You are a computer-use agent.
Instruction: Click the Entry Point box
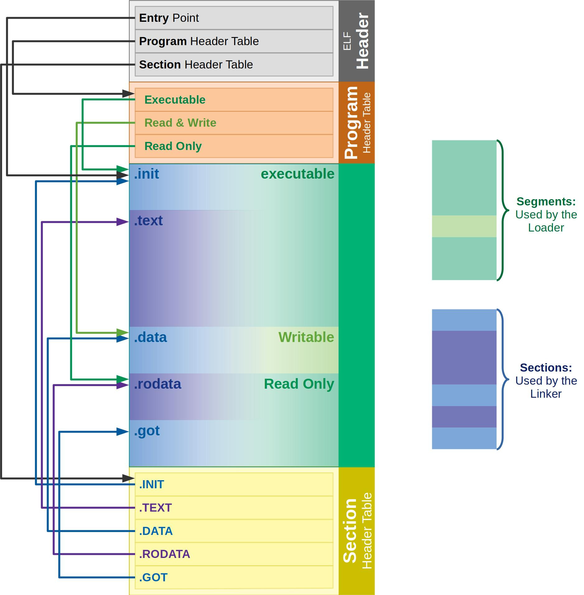click(x=234, y=18)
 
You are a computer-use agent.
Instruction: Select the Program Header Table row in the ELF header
click(x=234, y=41)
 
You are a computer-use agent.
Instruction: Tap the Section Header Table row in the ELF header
click(x=234, y=65)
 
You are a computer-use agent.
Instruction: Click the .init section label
click(x=147, y=174)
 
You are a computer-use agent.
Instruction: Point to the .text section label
click(x=148, y=221)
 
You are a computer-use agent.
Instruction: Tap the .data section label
click(x=151, y=337)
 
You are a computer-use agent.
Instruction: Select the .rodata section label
click(x=157, y=384)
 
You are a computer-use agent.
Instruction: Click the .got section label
click(x=147, y=431)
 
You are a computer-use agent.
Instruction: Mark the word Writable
click(x=306, y=337)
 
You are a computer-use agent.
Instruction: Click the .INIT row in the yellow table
click(x=234, y=485)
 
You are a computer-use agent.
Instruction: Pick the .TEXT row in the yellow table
click(x=234, y=508)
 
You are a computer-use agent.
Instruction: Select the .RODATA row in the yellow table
click(x=234, y=554)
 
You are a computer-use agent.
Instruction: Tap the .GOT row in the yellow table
click(x=234, y=578)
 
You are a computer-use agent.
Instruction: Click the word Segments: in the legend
click(x=546, y=202)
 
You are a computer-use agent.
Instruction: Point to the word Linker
click(x=546, y=394)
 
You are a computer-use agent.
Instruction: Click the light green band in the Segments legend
click(x=464, y=226)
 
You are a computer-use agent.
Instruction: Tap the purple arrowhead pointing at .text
click(x=123, y=222)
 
